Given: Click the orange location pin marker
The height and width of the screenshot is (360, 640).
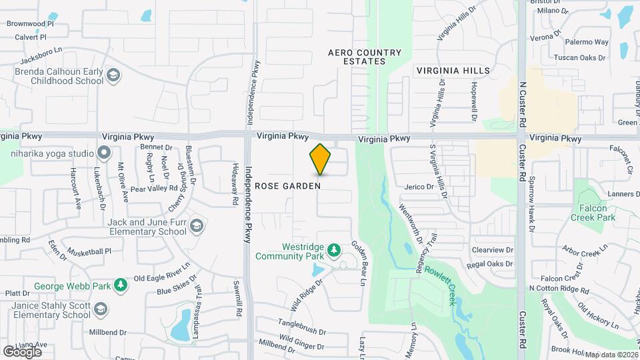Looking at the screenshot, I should coord(320,159).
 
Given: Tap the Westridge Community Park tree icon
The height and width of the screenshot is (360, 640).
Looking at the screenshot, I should coord(334,251).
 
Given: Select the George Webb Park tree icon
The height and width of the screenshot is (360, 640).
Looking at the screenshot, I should coord(120,285).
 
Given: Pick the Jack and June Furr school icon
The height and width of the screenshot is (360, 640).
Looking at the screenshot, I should coord(196,226).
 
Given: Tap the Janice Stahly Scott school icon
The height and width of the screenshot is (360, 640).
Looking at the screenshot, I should coord(100,309).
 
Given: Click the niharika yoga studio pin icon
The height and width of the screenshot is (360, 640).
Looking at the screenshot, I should coord(103,153).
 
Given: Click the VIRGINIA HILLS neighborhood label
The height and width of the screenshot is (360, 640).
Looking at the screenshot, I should coord(453,71).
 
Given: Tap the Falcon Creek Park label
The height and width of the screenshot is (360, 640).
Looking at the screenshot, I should coord(593,213).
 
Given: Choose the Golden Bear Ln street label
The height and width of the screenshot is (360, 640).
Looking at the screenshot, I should coord(365,263).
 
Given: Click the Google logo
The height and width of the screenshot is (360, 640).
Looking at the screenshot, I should coord(22,351).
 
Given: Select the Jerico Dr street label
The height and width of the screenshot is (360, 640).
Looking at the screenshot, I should coord(419,187).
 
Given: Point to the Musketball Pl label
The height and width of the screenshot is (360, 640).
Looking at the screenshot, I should coord(89,251).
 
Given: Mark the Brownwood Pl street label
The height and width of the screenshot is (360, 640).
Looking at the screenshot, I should coord(30,23).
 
